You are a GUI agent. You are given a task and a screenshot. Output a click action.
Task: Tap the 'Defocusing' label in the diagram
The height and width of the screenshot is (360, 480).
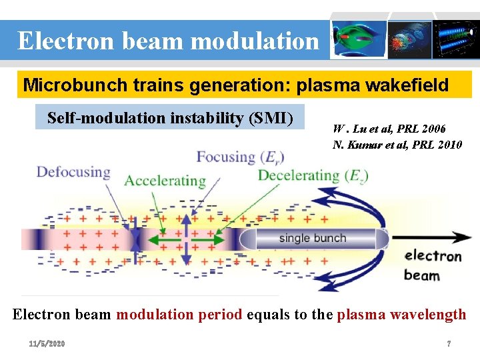click(73, 172)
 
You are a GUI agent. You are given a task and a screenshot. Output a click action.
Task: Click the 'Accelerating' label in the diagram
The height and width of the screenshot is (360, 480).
click(165, 181)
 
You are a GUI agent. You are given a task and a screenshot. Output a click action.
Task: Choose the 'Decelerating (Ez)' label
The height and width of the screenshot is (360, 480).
click(313, 176)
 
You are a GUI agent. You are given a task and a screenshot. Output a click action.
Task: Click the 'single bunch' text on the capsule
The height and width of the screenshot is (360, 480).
click(313, 238)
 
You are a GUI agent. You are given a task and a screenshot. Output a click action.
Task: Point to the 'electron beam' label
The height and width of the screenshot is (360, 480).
click(432, 265)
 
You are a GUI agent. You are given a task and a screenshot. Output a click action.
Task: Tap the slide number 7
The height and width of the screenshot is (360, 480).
click(449, 343)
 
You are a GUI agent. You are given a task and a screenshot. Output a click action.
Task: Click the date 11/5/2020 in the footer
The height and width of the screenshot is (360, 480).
click(47, 343)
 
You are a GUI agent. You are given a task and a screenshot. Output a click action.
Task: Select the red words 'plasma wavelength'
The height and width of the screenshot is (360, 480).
click(401, 315)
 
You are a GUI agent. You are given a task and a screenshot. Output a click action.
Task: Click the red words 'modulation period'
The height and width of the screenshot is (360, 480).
click(179, 315)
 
